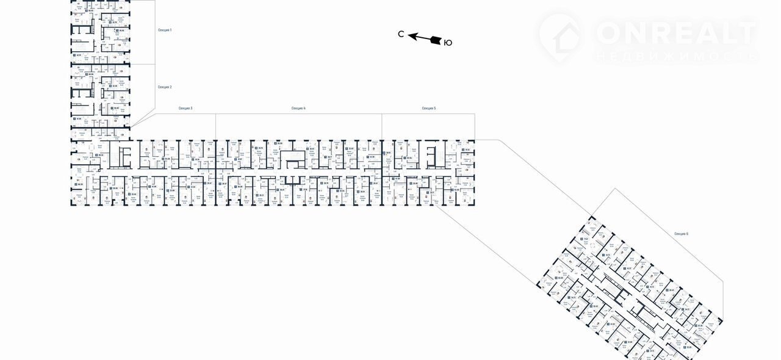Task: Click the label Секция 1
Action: [x=165, y=30]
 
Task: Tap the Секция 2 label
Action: [x=165, y=87]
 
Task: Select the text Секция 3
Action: [x=185, y=108]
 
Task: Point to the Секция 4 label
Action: [x=298, y=108]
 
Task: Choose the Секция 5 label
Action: [x=429, y=108]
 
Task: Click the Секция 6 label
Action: [x=682, y=234]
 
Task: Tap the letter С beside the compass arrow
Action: [x=401, y=35]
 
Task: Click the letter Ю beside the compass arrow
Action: [x=448, y=43]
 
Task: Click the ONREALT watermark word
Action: [x=676, y=32]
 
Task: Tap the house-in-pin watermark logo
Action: [x=560, y=35]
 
